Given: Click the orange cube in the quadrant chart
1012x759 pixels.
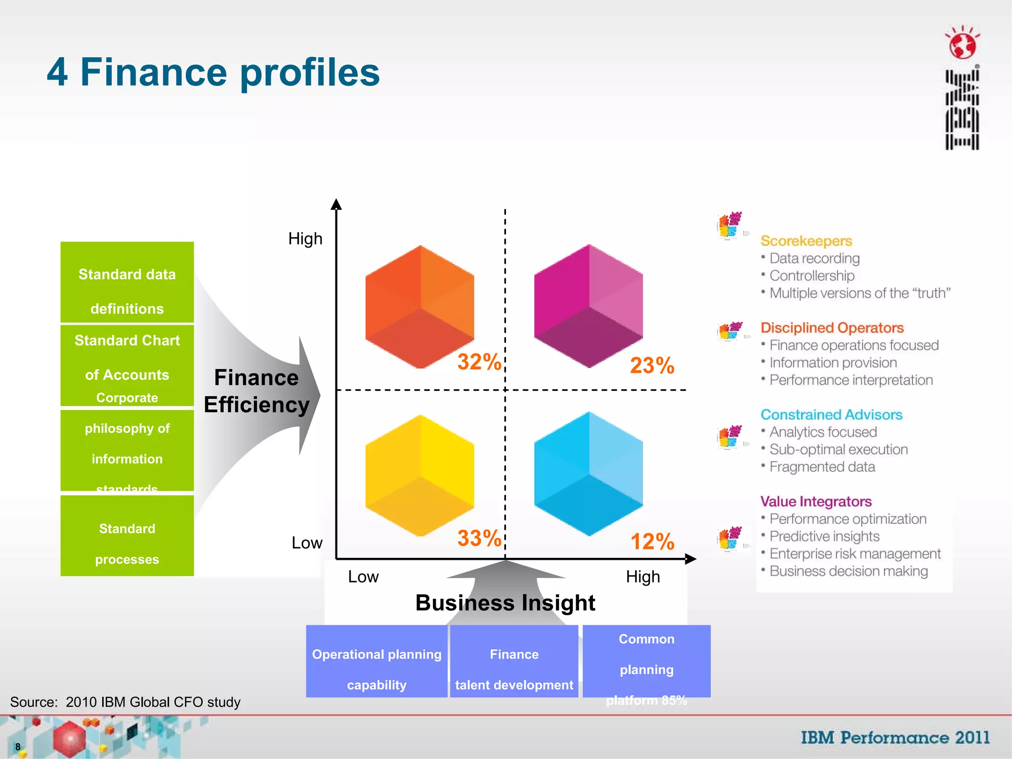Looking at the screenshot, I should (x=420, y=307).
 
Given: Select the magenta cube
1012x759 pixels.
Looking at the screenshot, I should (x=589, y=306).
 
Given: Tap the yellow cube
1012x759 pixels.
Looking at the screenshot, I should (x=420, y=475).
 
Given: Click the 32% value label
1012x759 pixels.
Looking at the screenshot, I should (x=479, y=362).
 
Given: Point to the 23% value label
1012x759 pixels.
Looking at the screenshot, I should (x=652, y=366).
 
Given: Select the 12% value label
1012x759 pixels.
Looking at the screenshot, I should (x=652, y=542).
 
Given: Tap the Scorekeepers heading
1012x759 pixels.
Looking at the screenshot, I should (x=806, y=241).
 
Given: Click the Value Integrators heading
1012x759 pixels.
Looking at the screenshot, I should (x=816, y=502).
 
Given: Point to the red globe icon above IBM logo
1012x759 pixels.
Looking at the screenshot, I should (x=963, y=44).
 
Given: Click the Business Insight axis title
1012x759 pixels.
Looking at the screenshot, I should (x=505, y=603).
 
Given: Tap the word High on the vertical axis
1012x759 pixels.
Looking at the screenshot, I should (x=305, y=239).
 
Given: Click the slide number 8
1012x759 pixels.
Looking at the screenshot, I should (x=18, y=747).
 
